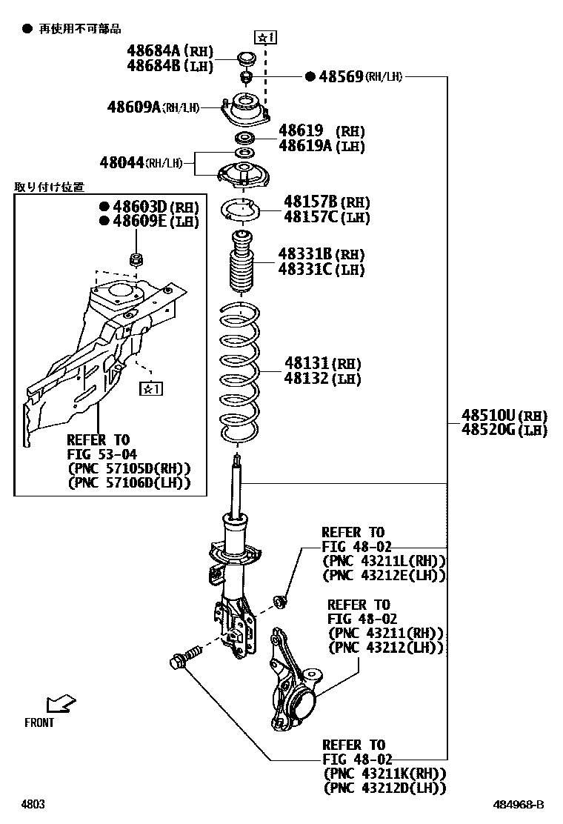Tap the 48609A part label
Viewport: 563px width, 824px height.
pyautogui.click(x=134, y=107)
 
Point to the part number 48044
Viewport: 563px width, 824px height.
pyautogui.click(x=121, y=162)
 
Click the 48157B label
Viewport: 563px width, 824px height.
pyautogui.click(x=310, y=202)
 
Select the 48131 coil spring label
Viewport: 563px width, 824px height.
pyautogui.click(x=307, y=364)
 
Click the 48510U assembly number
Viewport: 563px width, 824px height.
pyautogui.click(x=488, y=415)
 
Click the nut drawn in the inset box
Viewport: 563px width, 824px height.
pyautogui.click(x=136, y=259)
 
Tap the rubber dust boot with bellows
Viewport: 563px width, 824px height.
pyautogui.click(x=241, y=268)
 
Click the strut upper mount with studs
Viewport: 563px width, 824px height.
pyautogui.click(x=245, y=110)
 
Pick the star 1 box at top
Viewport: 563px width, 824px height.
pyautogui.click(x=265, y=36)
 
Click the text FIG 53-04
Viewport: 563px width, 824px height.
pyautogui.click(x=101, y=454)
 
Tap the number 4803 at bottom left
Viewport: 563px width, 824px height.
pyautogui.click(x=33, y=804)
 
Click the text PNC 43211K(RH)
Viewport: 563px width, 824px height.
pyautogui.click(x=384, y=773)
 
